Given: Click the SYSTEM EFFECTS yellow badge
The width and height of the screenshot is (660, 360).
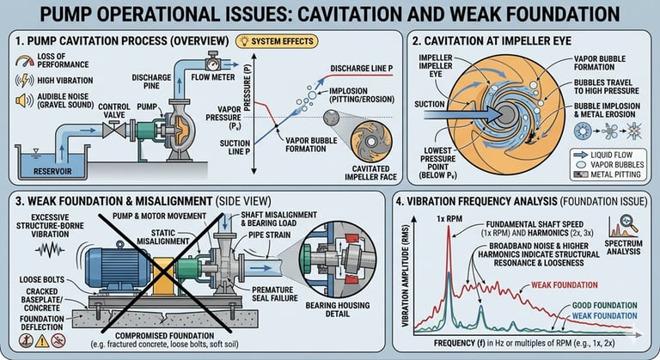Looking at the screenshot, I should click(x=270, y=41).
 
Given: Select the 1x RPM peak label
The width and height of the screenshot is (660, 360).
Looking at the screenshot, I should click(x=448, y=217).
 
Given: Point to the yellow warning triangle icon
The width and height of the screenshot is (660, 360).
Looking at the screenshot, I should click(x=17, y=341).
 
